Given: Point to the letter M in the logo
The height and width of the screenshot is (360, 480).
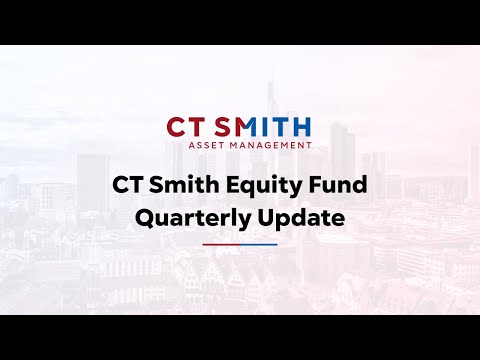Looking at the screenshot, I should coord(250,127).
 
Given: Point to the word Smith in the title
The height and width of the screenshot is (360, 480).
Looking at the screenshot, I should coord(190,186).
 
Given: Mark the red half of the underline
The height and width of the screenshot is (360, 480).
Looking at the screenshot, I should coord(221,244).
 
